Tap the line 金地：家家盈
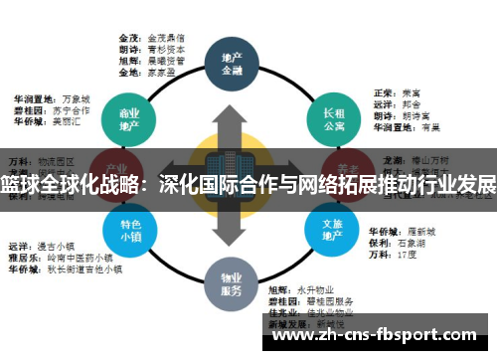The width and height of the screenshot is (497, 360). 149,72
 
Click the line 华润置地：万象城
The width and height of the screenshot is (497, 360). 51,99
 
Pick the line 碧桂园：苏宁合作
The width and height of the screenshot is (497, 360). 51,112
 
